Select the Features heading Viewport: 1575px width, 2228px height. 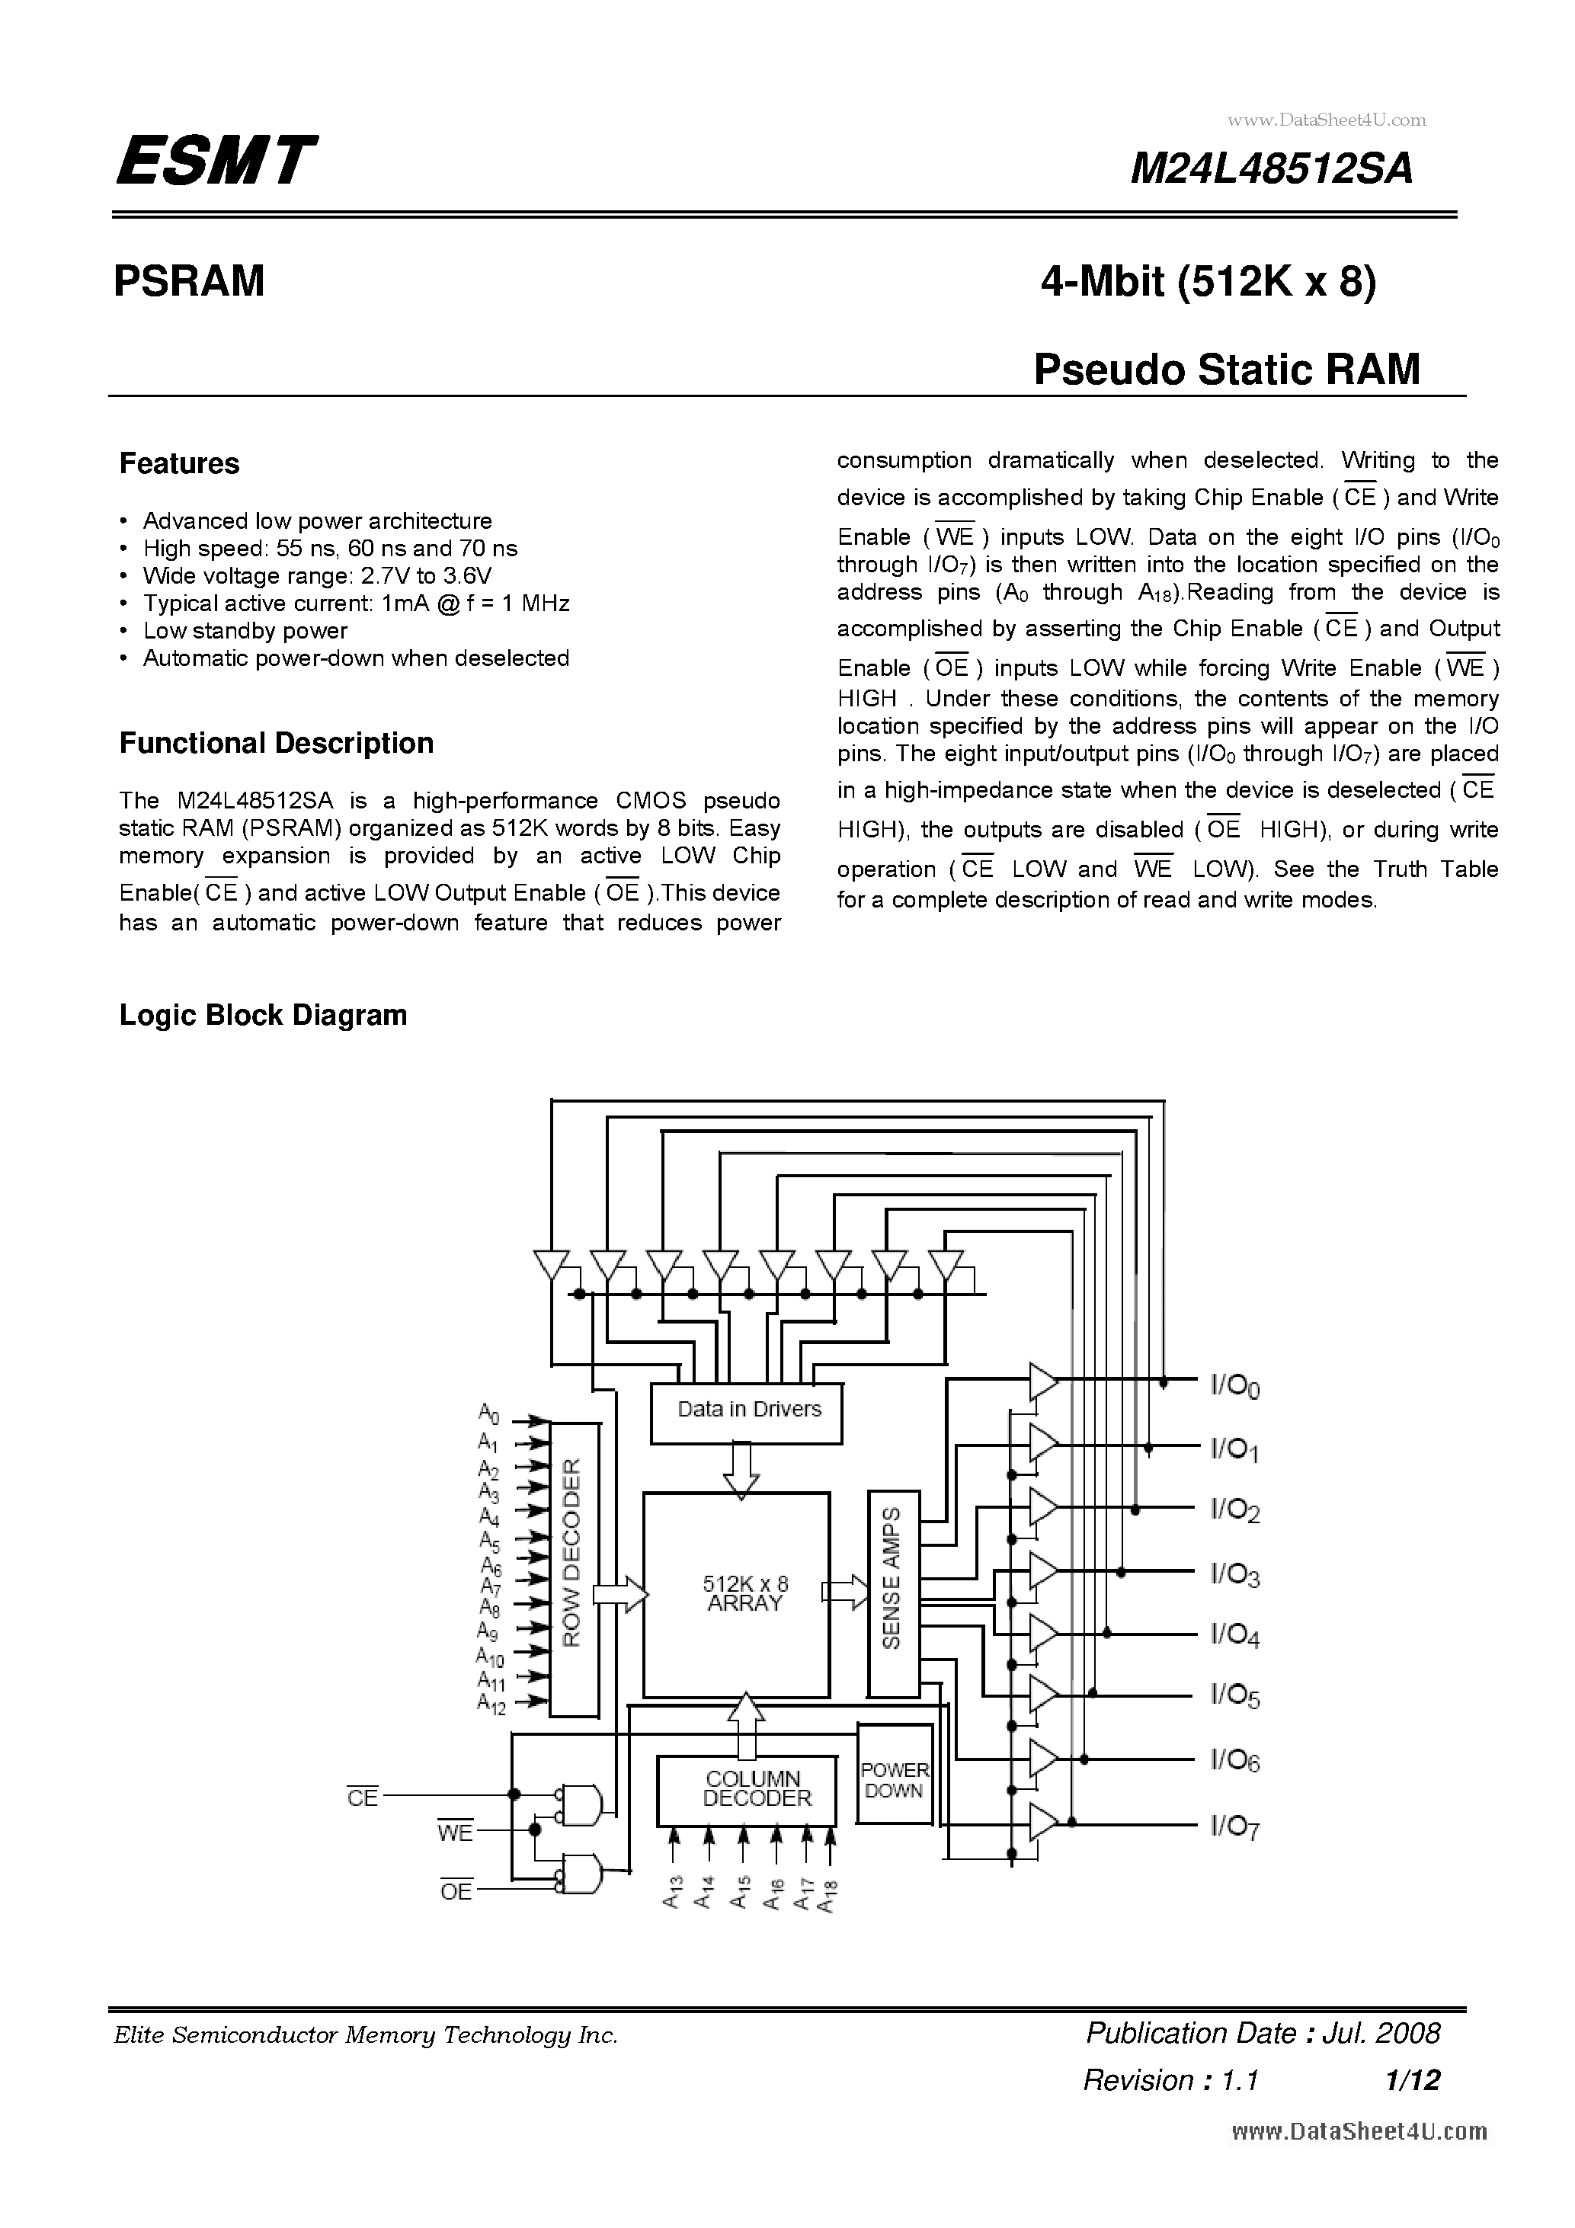180,464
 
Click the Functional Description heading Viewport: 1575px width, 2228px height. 277,744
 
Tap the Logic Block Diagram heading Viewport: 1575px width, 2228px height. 263,1015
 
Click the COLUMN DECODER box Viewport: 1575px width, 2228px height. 747,1788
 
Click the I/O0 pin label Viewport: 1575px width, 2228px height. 1234,1387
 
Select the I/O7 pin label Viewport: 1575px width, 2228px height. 1234,1827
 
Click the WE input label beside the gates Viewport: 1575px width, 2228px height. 455,1833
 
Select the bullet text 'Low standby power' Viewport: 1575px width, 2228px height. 245,631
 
